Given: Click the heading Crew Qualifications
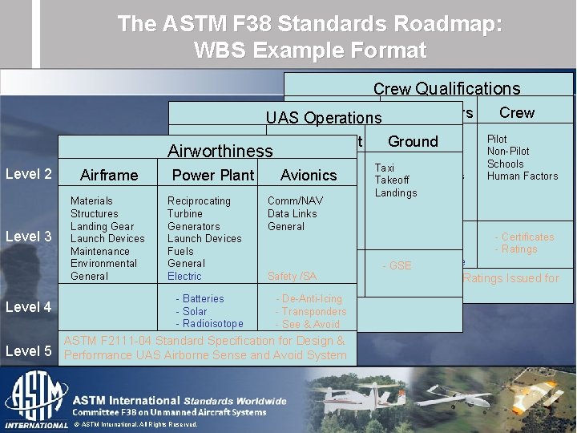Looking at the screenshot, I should coord(446,89).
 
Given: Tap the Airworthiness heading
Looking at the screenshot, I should coord(220,151).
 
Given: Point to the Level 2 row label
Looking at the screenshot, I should coord(29,174).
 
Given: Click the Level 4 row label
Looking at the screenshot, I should coord(29,306).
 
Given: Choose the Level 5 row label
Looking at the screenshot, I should coord(29,350).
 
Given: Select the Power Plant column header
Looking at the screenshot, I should coord(213,175).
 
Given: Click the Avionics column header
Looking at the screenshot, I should coord(309,175).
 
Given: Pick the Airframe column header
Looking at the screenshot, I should coord(109,175).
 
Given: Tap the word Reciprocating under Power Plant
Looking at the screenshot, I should coord(199,201).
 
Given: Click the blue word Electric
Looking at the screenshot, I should coord(184,277).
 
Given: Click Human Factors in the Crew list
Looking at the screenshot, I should coord(523,176).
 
